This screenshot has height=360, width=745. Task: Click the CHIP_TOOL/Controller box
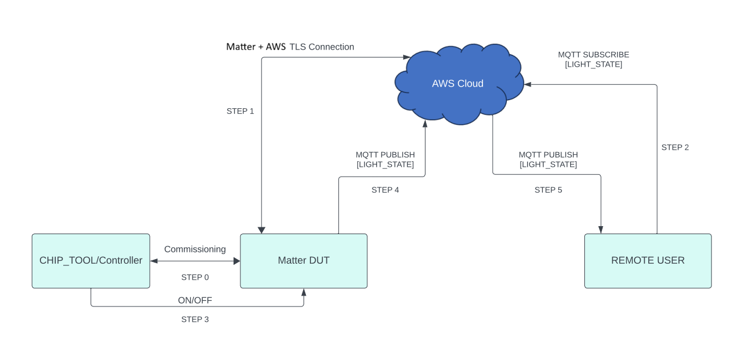[x=91, y=261]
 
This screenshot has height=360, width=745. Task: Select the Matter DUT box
[x=304, y=261]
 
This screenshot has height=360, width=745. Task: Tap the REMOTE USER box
[x=648, y=261]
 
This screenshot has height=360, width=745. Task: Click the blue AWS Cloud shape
[x=458, y=84]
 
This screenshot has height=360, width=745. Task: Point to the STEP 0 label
[x=195, y=277]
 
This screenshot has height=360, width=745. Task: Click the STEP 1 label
[x=240, y=111]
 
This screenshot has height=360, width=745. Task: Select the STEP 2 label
[x=675, y=148]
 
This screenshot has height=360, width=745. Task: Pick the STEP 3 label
[x=195, y=320]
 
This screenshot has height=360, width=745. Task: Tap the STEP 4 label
[x=385, y=190]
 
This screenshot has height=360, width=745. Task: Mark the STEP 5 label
[x=548, y=190]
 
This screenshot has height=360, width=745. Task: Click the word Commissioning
[x=195, y=249]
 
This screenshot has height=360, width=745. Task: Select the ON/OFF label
[x=195, y=300]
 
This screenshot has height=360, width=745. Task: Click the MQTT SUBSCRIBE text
[x=593, y=55]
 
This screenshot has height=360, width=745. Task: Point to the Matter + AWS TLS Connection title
[x=290, y=47]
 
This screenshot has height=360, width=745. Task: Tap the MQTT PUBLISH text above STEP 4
[x=385, y=155]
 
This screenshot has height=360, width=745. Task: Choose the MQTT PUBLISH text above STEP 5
[x=548, y=155]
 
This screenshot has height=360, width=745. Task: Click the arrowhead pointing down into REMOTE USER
[x=601, y=230]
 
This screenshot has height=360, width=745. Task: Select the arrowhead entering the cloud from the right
[x=528, y=84]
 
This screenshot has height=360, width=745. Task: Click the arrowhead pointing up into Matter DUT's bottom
[x=304, y=292]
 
